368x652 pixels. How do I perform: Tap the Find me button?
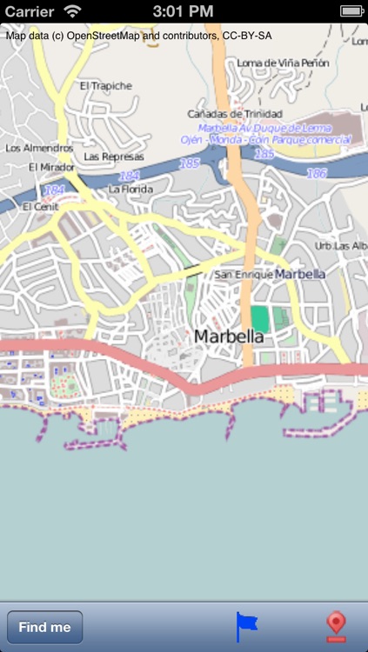pos(44,627)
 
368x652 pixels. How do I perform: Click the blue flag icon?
pos(247,627)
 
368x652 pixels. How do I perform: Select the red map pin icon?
pos(336,627)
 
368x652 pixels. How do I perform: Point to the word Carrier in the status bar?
pos(28,10)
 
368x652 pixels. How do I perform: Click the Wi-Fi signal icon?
pos(72,10)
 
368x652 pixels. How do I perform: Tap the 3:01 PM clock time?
pos(183,10)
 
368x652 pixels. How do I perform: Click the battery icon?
pos(351,10)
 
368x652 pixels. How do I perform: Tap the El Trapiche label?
pos(105,86)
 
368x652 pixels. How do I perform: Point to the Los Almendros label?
pos(39,148)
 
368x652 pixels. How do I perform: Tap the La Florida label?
pos(130,189)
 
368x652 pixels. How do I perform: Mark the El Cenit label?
pos(39,206)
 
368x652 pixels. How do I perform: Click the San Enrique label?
pos(242,275)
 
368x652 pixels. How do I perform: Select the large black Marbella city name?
pos(228,336)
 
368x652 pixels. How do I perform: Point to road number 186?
pos(317,174)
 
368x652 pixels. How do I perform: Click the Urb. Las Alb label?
pos(340,246)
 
